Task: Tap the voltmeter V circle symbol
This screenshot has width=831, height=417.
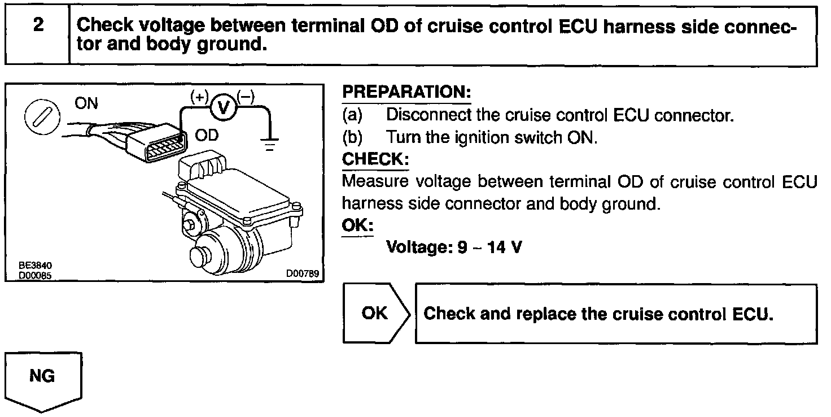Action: [224, 106]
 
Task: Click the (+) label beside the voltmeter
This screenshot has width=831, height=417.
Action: [200, 95]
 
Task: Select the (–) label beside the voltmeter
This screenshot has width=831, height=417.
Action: [246, 95]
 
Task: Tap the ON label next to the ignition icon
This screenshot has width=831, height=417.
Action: [86, 103]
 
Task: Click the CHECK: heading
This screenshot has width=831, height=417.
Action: [375, 159]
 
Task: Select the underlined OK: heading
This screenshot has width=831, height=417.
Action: [357, 225]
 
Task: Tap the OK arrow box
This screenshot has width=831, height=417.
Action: [375, 313]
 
